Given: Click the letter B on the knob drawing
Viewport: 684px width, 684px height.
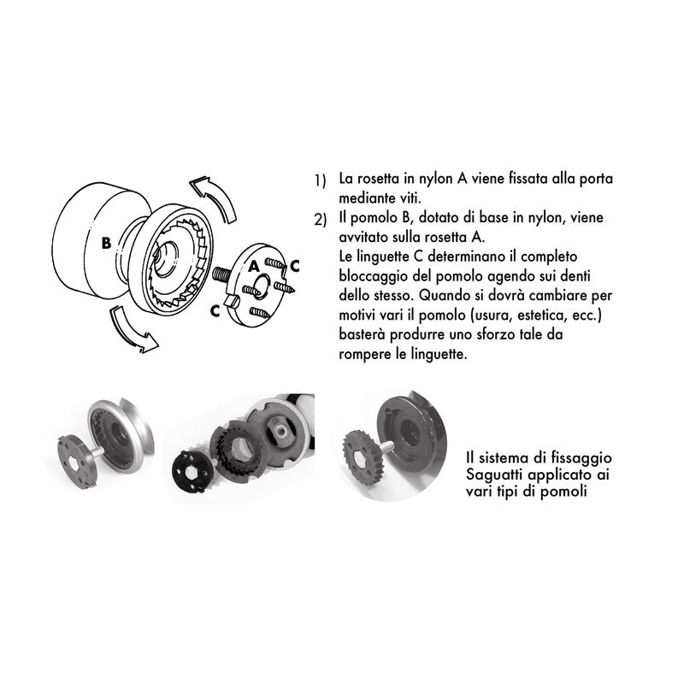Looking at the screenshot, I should pos(105,243).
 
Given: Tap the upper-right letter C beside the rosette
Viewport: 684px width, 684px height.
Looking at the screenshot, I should pos(293,266).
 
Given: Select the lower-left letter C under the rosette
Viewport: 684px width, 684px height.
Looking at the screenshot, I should pos(216,311).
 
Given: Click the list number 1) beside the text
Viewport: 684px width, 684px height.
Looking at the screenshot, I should pos(320,181).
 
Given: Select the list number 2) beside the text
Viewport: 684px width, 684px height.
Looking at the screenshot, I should pos(320,221).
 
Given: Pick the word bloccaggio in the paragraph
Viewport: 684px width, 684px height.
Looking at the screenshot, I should pos(370,275).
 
